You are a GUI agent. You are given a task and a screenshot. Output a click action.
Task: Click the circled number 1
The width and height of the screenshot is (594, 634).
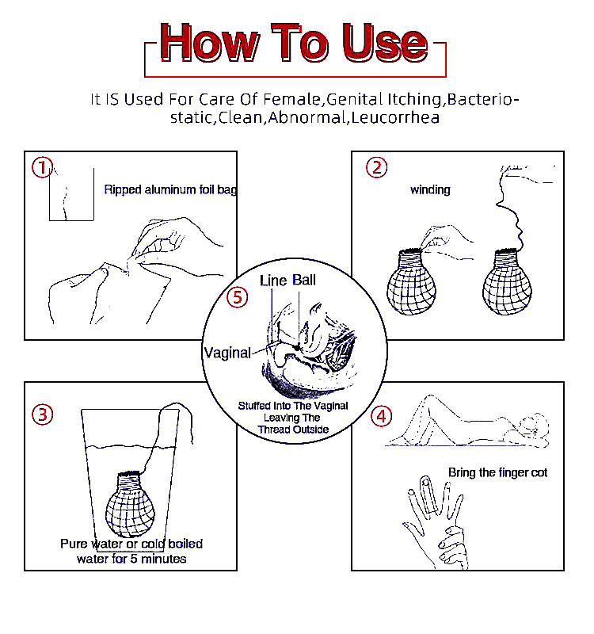point(43,167)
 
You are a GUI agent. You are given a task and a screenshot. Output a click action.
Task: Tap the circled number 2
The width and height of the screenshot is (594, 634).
point(377,167)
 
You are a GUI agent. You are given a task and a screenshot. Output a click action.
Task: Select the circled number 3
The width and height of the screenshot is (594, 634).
point(43,414)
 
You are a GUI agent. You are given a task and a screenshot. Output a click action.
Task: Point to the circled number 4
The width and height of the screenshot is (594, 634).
point(382,417)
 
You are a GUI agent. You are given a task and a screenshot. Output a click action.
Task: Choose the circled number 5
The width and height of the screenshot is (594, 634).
point(237,297)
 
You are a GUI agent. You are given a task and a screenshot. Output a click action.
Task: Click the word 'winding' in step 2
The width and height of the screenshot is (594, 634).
point(430,189)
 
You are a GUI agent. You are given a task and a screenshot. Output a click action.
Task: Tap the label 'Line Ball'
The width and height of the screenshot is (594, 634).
point(287,281)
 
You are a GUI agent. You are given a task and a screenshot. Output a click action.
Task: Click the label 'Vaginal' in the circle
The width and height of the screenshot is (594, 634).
point(227,353)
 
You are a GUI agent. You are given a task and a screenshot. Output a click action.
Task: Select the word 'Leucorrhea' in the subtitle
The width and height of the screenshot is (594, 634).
point(395,117)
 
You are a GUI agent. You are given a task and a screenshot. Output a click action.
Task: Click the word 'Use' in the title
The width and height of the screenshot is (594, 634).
point(385,43)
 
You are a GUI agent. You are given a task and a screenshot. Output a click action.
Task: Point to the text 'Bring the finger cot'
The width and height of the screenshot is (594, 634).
point(498,472)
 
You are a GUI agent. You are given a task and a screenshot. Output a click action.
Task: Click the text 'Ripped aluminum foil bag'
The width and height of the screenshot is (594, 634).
point(170,189)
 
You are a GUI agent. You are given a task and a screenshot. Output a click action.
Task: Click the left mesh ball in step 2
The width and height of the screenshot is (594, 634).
point(411,282)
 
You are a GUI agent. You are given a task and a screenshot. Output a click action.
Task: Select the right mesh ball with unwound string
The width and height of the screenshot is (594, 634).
point(507,282)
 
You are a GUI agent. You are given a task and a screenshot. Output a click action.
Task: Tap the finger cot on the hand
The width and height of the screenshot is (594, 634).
point(426,495)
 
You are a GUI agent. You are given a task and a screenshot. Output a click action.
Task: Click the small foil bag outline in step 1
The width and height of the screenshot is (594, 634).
point(71,194)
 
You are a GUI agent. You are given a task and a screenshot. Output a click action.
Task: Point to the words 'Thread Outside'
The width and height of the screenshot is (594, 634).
point(293,430)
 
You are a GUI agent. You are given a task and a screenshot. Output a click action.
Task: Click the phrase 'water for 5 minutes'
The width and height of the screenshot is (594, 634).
point(131,559)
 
